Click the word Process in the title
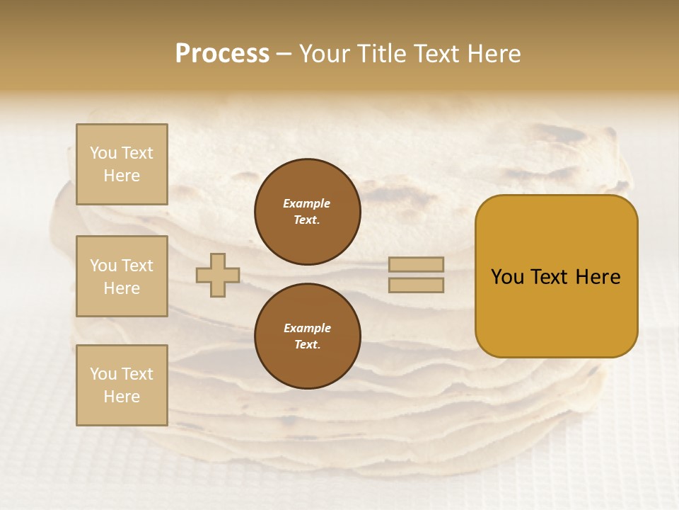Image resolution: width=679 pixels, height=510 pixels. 222,54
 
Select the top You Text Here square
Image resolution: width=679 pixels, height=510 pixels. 122,164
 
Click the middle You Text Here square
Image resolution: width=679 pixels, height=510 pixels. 122,276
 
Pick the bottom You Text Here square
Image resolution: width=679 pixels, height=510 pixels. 122,385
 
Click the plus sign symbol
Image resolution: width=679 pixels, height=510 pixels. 218,275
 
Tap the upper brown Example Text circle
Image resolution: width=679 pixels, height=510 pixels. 308,212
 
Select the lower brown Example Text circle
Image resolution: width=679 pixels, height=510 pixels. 308,336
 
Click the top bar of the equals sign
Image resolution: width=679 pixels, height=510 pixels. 416,264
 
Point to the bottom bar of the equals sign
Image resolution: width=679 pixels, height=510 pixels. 416,285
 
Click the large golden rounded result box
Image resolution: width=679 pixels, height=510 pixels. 556,276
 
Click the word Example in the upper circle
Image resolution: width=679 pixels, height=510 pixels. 307,203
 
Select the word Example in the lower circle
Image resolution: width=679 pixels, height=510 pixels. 307,328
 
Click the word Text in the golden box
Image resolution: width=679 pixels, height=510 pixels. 550,277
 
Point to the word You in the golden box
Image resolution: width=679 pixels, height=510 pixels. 508,277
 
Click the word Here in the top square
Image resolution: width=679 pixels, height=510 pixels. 122,176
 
